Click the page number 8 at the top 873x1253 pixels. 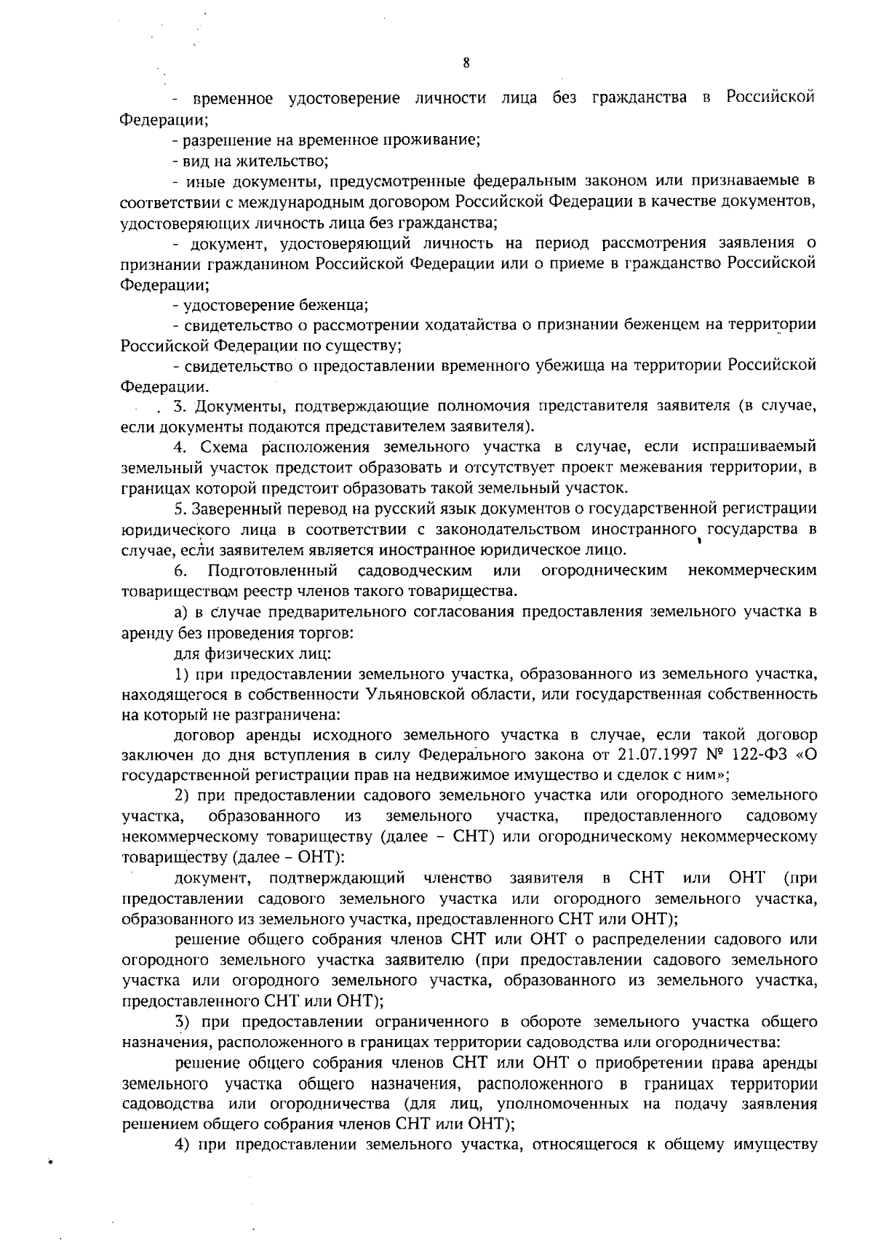click(x=466, y=63)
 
